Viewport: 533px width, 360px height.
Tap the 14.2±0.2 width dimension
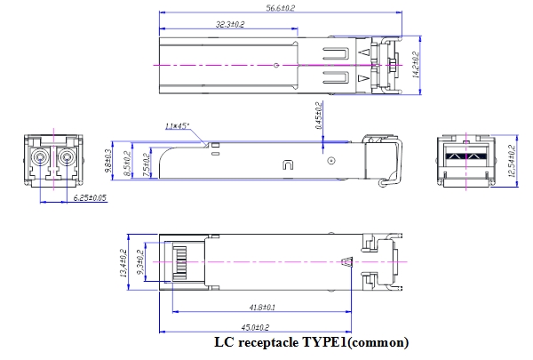(415, 64)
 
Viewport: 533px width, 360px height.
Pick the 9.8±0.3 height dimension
(108, 157)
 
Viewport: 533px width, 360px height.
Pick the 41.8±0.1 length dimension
(260, 308)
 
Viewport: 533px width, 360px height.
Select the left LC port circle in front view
(40, 161)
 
